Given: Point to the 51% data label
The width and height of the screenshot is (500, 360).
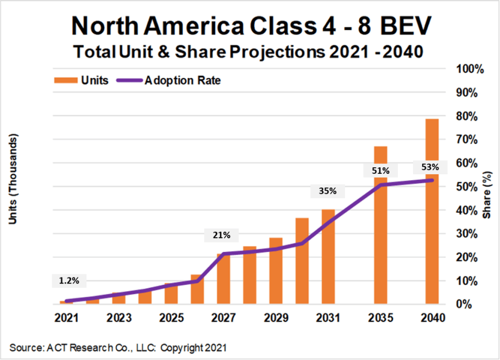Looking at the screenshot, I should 380,171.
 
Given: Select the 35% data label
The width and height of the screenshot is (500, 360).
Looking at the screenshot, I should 328,191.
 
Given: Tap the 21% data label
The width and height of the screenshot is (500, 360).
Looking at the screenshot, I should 221,235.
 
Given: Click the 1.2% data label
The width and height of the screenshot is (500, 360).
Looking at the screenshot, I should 69,281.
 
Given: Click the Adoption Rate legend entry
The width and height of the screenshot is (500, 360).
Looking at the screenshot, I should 167,80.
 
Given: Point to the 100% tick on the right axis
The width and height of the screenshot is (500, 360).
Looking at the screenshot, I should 465,69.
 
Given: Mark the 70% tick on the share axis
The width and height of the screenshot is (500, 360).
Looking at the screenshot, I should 467,140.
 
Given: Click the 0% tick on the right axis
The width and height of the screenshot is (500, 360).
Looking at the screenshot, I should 470,304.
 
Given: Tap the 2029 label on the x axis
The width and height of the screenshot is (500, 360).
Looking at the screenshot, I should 276,318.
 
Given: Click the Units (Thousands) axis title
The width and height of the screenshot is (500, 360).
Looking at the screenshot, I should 15,179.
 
